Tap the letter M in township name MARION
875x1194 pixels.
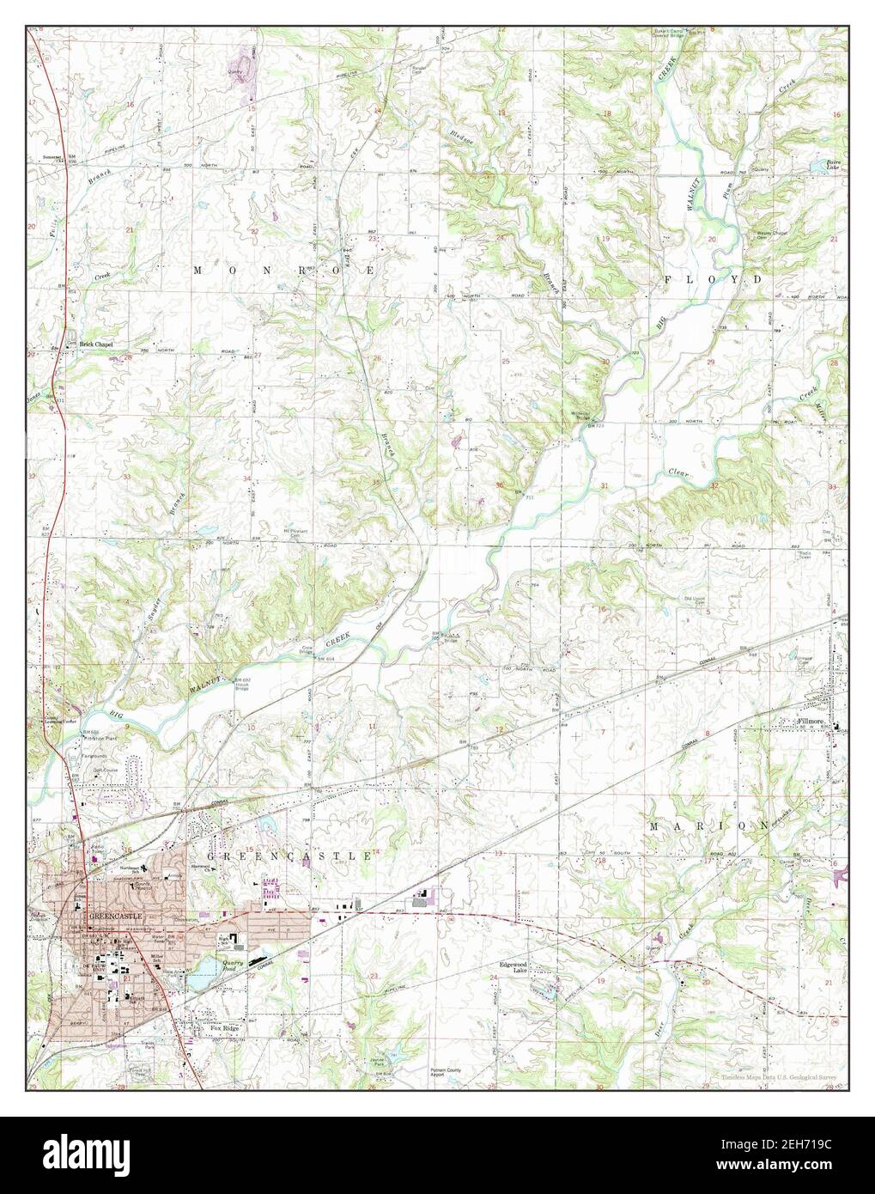tap(653, 825)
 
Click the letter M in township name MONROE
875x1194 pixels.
tap(197, 270)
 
